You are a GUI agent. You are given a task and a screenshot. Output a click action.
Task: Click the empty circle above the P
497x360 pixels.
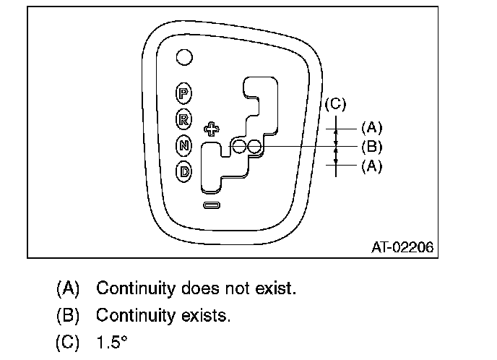point(185,56)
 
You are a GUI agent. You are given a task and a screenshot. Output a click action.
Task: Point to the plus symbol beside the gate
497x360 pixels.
point(211,129)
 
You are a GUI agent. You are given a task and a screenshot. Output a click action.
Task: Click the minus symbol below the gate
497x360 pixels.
point(212,205)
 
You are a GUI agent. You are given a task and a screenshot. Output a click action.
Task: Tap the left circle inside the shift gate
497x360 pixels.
point(239,147)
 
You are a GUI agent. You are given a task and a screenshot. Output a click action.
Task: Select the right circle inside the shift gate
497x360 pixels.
point(254,147)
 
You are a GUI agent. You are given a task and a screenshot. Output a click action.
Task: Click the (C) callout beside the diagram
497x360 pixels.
point(334,105)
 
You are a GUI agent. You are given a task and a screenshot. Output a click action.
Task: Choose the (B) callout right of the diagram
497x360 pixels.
point(371,147)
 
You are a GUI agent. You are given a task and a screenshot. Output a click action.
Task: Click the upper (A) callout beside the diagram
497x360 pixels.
point(371,128)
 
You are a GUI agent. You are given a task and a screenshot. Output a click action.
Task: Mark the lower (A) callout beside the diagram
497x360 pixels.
point(371,166)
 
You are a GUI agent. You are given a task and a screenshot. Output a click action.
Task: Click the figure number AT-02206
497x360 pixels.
point(402,247)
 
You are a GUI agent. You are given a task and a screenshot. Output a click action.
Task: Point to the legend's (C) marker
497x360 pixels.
point(68,342)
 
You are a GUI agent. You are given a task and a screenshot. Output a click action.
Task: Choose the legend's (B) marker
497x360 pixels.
point(68,316)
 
